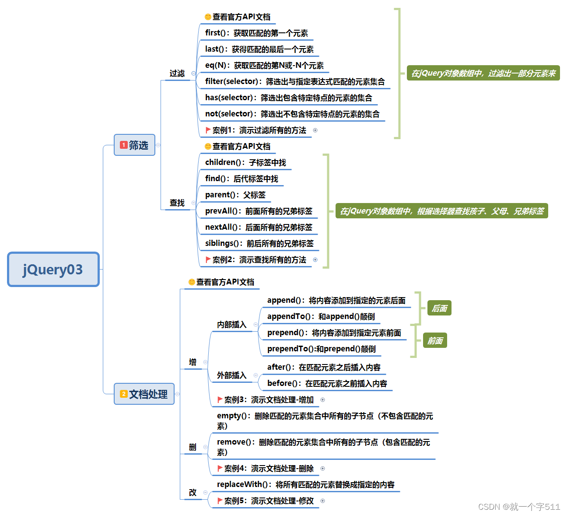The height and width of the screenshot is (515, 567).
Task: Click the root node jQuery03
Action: coord(53,270)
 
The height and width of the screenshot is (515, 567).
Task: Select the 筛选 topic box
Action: coord(134,145)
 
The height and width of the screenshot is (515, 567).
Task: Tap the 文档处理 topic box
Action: coord(144,394)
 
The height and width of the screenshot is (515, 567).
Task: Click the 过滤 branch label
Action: coord(177,74)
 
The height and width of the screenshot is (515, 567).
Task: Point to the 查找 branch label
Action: coord(177,203)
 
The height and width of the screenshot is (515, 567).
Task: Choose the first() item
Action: coord(256,33)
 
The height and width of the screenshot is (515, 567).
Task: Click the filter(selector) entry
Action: coord(294,82)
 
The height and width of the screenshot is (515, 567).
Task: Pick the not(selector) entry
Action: coord(292,114)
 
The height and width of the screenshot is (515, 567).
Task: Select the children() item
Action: coord(245,163)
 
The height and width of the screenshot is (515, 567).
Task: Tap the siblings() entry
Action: coord(259,244)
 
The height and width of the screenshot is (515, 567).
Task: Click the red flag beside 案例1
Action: coord(208,130)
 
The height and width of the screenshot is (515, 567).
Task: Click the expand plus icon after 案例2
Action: coord(315,260)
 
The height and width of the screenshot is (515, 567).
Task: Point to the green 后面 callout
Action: coord(439,308)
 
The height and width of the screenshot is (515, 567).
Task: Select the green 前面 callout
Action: coord(435,341)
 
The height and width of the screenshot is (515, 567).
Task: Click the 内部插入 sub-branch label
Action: coord(231,325)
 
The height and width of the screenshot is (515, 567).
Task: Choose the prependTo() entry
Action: coord(321,349)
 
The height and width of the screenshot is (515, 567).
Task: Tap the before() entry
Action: coord(327,384)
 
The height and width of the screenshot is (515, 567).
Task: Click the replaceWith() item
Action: coord(305,485)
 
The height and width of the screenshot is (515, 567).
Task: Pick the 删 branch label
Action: coord(192,447)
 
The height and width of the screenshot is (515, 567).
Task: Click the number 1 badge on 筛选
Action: coord(124,145)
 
